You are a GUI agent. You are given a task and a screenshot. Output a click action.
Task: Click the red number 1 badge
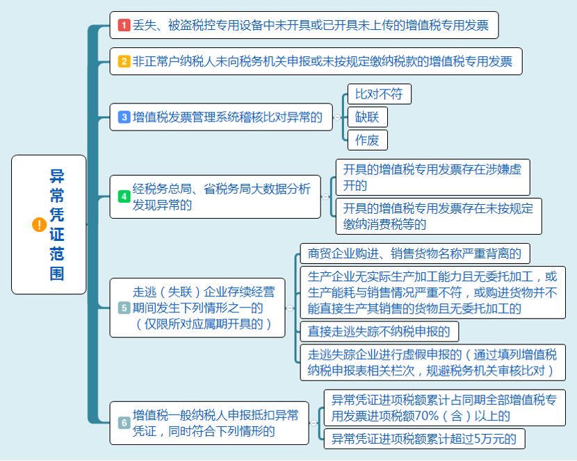tap(124, 25)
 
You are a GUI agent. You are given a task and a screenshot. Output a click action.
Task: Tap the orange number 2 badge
tap(124, 61)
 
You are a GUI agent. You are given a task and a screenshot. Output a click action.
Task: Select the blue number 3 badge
tap(124, 117)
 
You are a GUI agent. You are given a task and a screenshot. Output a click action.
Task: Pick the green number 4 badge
tap(124, 196)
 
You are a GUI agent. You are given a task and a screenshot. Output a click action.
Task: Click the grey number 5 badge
tap(124, 308)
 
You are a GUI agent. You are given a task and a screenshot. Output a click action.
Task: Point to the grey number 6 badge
tap(124, 423)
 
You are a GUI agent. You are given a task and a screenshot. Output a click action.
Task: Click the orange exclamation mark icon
tap(40, 225)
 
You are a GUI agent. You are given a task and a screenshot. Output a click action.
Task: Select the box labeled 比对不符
tap(380, 94)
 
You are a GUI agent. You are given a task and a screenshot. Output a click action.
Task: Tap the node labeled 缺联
tap(368, 117)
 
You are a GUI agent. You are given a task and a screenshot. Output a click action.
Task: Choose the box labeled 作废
tap(368, 140)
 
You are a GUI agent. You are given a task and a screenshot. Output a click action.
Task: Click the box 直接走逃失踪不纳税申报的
tap(380, 332)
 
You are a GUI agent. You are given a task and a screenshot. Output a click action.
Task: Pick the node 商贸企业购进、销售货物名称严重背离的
tap(415, 253)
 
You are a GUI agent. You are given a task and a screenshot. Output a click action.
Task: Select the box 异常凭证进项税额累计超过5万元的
tap(424, 439)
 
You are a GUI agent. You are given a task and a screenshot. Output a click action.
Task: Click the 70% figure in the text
tap(427, 416)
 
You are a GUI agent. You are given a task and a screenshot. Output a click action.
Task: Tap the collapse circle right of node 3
tap(337, 117)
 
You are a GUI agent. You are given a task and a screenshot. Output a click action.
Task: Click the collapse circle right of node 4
tap(325, 196)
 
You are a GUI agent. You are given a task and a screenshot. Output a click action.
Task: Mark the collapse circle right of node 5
tap(290, 308)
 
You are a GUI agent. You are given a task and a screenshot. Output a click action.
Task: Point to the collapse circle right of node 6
tap(314, 423)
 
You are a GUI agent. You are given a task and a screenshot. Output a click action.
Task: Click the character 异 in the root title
tap(57, 176)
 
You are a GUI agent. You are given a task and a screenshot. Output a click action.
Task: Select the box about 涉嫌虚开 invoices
tap(432, 177)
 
